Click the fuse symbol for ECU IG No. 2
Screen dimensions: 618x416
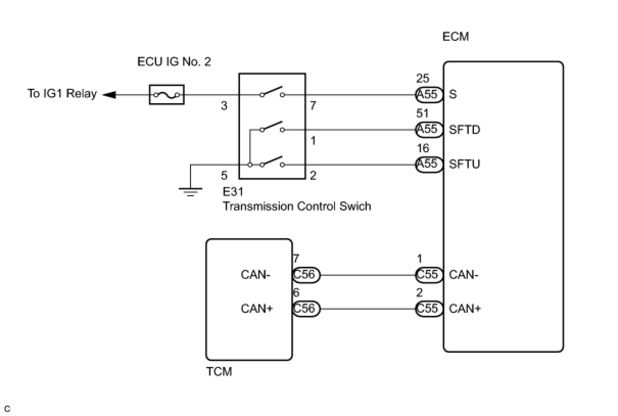point(167,95)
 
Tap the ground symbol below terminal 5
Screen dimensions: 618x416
point(191,192)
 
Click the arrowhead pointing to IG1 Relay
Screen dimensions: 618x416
point(109,95)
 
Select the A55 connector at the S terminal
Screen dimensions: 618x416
point(429,95)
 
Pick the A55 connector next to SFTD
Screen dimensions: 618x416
point(429,129)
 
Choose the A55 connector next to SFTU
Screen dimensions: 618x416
point(429,165)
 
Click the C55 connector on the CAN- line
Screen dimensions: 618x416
point(429,275)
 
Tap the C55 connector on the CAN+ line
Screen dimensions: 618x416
point(429,309)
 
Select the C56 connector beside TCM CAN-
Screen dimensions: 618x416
point(306,275)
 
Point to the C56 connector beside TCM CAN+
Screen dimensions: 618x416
point(306,309)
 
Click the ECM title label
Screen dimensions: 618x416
point(456,37)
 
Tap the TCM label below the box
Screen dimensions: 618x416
point(219,372)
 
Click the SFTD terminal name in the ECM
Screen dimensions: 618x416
point(465,129)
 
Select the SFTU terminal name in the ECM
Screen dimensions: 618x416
point(465,164)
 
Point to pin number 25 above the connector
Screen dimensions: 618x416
point(423,79)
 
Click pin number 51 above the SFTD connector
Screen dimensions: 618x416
point(422,113)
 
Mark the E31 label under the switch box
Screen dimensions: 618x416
point(233,192)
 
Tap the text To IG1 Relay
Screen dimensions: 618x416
point(62,94)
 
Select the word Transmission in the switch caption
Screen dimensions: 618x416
point(258,206)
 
